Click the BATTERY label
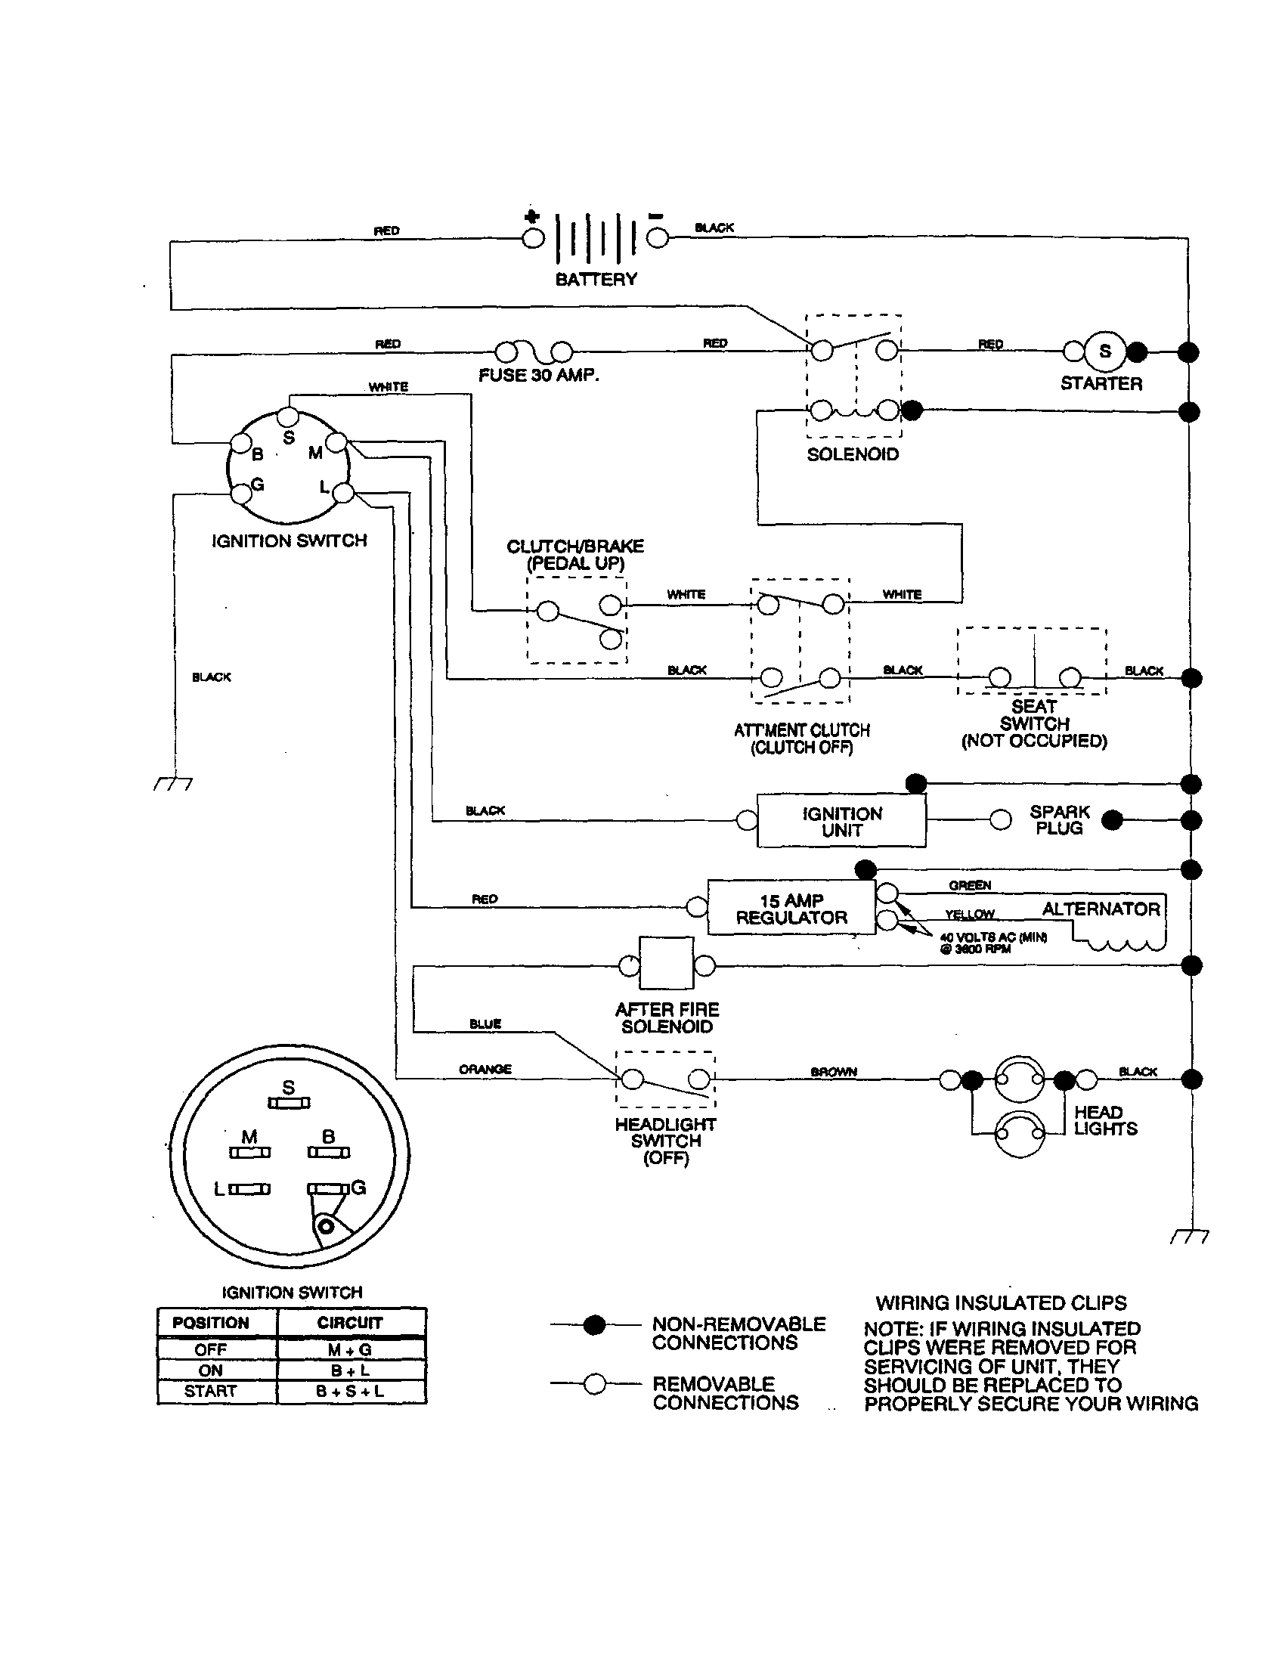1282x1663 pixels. pyautogui.click(x=596, y=280)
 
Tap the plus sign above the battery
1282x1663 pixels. pyautogui.click(x=532, y=217)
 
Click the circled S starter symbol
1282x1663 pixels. pyautogui.click(x=1104, y=351)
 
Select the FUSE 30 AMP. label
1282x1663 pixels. pyautogui.click(x=538, y=376)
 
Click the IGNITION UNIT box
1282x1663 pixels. pyautogui.click(x=841, y=822)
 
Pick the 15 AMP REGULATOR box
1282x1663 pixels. pyautogui.click(x=791, y=909)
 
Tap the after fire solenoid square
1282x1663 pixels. pyautogui.click(x=666, y=964)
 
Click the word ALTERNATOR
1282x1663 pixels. pyautogui.click(x=1101, y=909)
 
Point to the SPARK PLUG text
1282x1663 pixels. pyautogui.click(x=1059, y=820)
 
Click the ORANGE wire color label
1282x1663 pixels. pyautogui.click(x=485, y=1070)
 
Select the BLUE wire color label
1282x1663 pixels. pyautogui.click(x=485, y=1024)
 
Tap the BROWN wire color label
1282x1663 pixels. pyautogui.click(x=834, y=1072)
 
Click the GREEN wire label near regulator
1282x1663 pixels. pyautogui.click(x=969, y=886)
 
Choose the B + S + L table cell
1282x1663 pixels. pyautogui.click(x=350, y=1392)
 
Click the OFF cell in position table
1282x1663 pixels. pyautogui.click(x=211, y=1350)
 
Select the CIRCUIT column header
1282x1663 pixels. pyautogui.click(x=350, y=1323)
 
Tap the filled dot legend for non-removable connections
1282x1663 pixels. pyautogui.click(x=594, y=1326)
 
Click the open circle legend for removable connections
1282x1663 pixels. pyautogui.click(x=594, y=1383)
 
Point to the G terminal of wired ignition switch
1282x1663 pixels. pyautogui.click(x=240, y=494)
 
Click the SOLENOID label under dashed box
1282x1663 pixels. pyautogui.click(x=853, y=454)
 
